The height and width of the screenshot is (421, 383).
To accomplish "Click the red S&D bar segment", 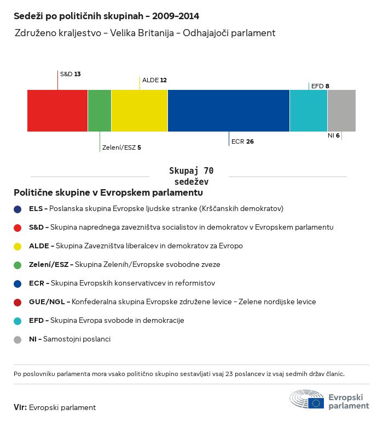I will point(57,111).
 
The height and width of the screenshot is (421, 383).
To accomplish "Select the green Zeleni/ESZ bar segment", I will point(100,111).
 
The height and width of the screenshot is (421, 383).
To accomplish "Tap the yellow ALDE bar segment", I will point(140,111).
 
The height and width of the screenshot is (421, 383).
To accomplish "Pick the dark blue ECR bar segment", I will point(229,111).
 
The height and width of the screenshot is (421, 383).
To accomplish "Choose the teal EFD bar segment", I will point(309,111).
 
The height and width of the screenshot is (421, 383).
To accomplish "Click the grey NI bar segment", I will point(341,111).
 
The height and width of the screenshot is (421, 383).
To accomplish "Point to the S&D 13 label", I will point(71,73).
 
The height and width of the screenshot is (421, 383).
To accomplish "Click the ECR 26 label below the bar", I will point(242,141).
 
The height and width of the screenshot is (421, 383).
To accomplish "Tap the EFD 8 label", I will point(320,86).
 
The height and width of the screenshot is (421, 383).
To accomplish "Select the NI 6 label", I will point(334,135).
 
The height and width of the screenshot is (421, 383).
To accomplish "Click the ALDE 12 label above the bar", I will point(154,80).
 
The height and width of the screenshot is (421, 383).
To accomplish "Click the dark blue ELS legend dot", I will point(18,209).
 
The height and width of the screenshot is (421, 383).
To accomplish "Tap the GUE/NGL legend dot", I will point(18,302).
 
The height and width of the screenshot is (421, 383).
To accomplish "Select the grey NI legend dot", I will point(18,339).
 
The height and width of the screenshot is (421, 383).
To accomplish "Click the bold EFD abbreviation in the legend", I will point(36,321).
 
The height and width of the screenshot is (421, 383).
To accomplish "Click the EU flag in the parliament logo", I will point(316,403).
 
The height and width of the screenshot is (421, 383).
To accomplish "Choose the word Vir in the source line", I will point(20,407).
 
